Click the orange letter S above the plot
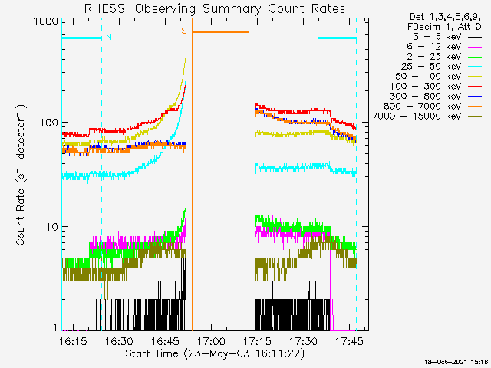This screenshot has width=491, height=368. [184, 31]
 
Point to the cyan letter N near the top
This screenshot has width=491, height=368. [109, 37]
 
